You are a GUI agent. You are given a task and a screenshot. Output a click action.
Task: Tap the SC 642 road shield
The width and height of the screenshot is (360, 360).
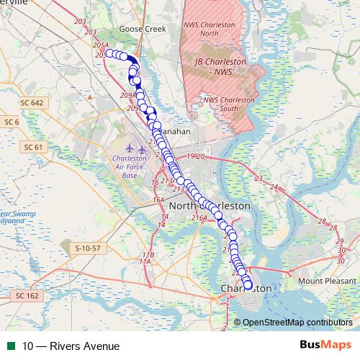[33, 103]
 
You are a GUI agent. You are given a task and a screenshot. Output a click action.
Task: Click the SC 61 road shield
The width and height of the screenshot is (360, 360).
[34, 147]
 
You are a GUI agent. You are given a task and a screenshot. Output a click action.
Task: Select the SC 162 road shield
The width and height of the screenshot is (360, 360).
[29, 295]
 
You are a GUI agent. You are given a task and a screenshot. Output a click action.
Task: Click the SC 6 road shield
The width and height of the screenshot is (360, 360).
[12, 122]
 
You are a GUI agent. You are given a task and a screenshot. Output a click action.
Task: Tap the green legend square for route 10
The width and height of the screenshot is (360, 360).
[10, 346]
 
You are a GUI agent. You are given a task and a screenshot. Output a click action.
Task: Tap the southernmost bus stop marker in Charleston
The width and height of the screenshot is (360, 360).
[249, 286]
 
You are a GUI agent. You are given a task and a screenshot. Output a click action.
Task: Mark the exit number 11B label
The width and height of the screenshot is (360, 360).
[148, 255]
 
